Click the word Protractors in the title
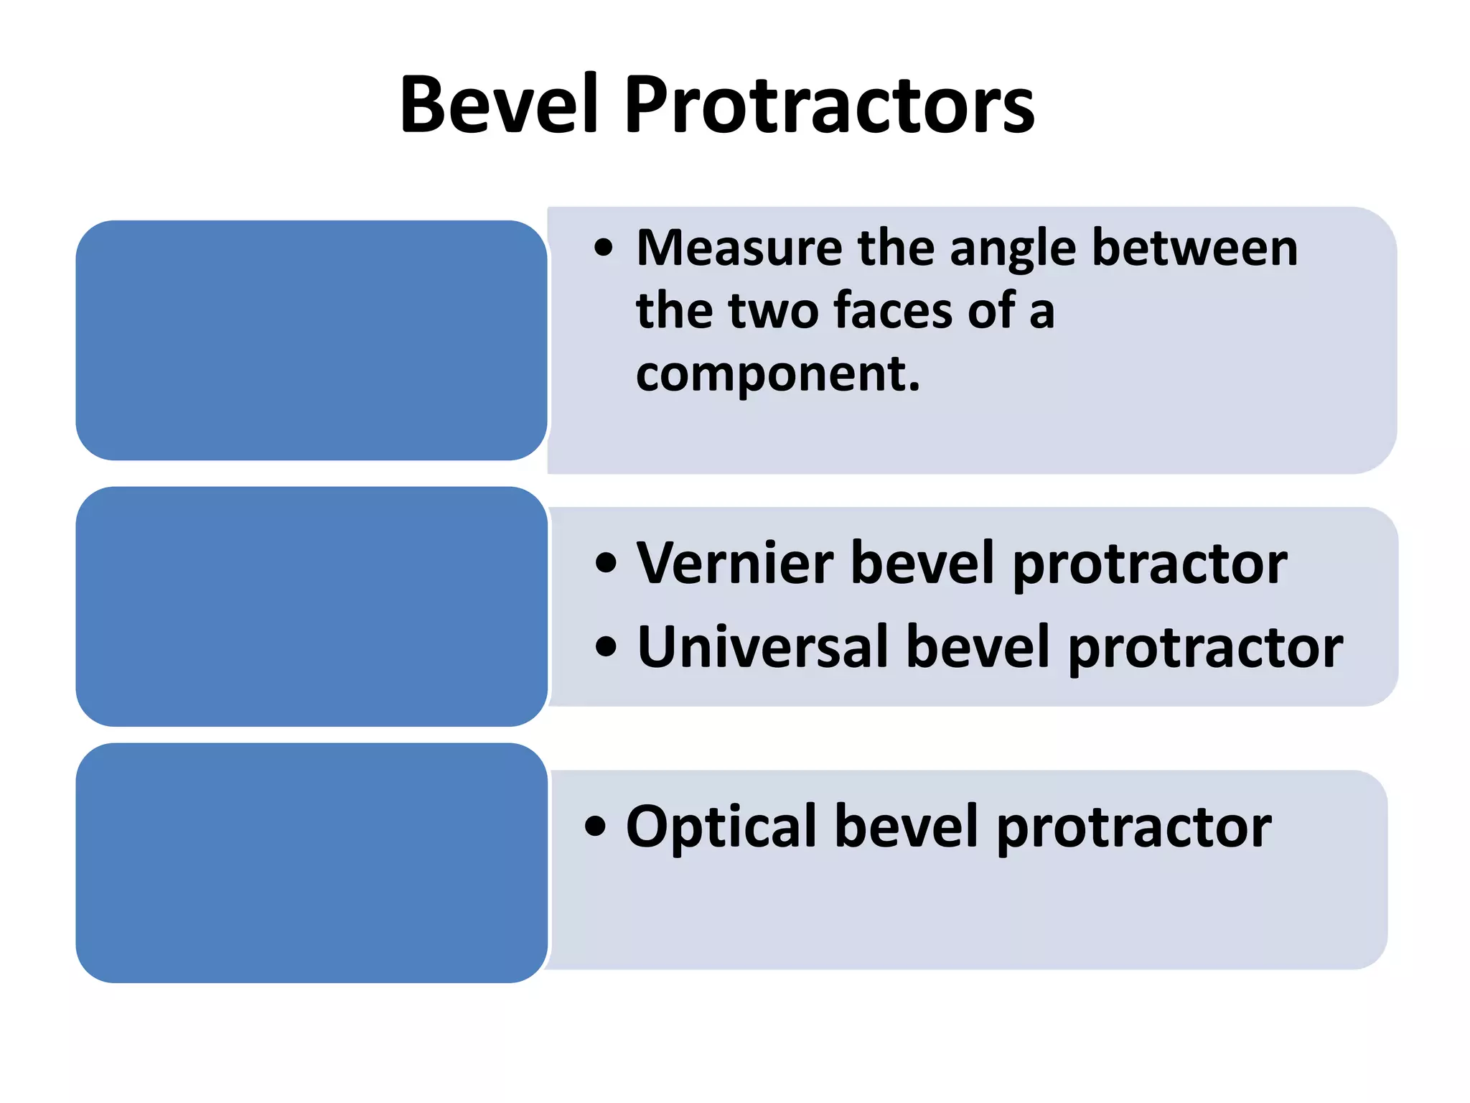click(x=829, y=105)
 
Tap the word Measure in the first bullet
click(x=739, y=248)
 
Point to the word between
click(x=1194, y=248)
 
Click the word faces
click(x=894, y=310)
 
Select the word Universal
click(x=764, y=647)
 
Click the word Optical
click(x=721, y=827)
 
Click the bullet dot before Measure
click(x=604, y=248)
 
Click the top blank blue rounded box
click(x=312, y=340)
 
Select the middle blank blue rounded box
click(x=312, y=607)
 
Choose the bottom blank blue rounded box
click(x=312, y=863)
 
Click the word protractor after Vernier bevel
click(x=1150, y=564)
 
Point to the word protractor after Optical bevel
click(x=1134, y=828)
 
